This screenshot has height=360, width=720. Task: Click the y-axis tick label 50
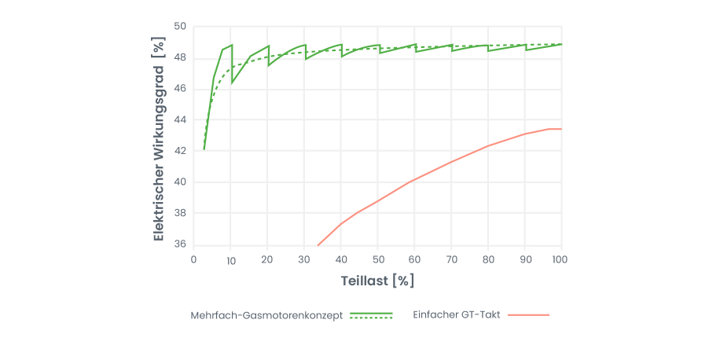pos(180,27)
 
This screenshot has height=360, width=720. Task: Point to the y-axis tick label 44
pos(180,119)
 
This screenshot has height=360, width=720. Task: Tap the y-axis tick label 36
pos(180,244)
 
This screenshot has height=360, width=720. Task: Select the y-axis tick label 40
pos(180,182)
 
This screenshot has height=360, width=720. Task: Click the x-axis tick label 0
pos(194,259)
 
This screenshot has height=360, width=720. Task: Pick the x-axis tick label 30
pos(304,259)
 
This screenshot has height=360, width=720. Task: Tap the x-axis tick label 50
pos(377,259)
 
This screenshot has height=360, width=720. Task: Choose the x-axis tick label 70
pos(451,259)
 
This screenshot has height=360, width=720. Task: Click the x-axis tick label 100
pos(560,259)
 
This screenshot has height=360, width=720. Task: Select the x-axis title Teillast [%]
pos(377,280)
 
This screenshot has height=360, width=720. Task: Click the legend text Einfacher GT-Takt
pos(457,314)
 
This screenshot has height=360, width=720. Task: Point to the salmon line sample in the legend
pos(529,314)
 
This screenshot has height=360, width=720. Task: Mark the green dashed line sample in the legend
pos(371,318)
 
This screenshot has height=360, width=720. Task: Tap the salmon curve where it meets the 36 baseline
pos(318,244)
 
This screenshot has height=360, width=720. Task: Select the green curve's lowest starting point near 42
pos(204,149)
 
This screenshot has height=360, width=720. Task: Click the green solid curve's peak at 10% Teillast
pos(231,45)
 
